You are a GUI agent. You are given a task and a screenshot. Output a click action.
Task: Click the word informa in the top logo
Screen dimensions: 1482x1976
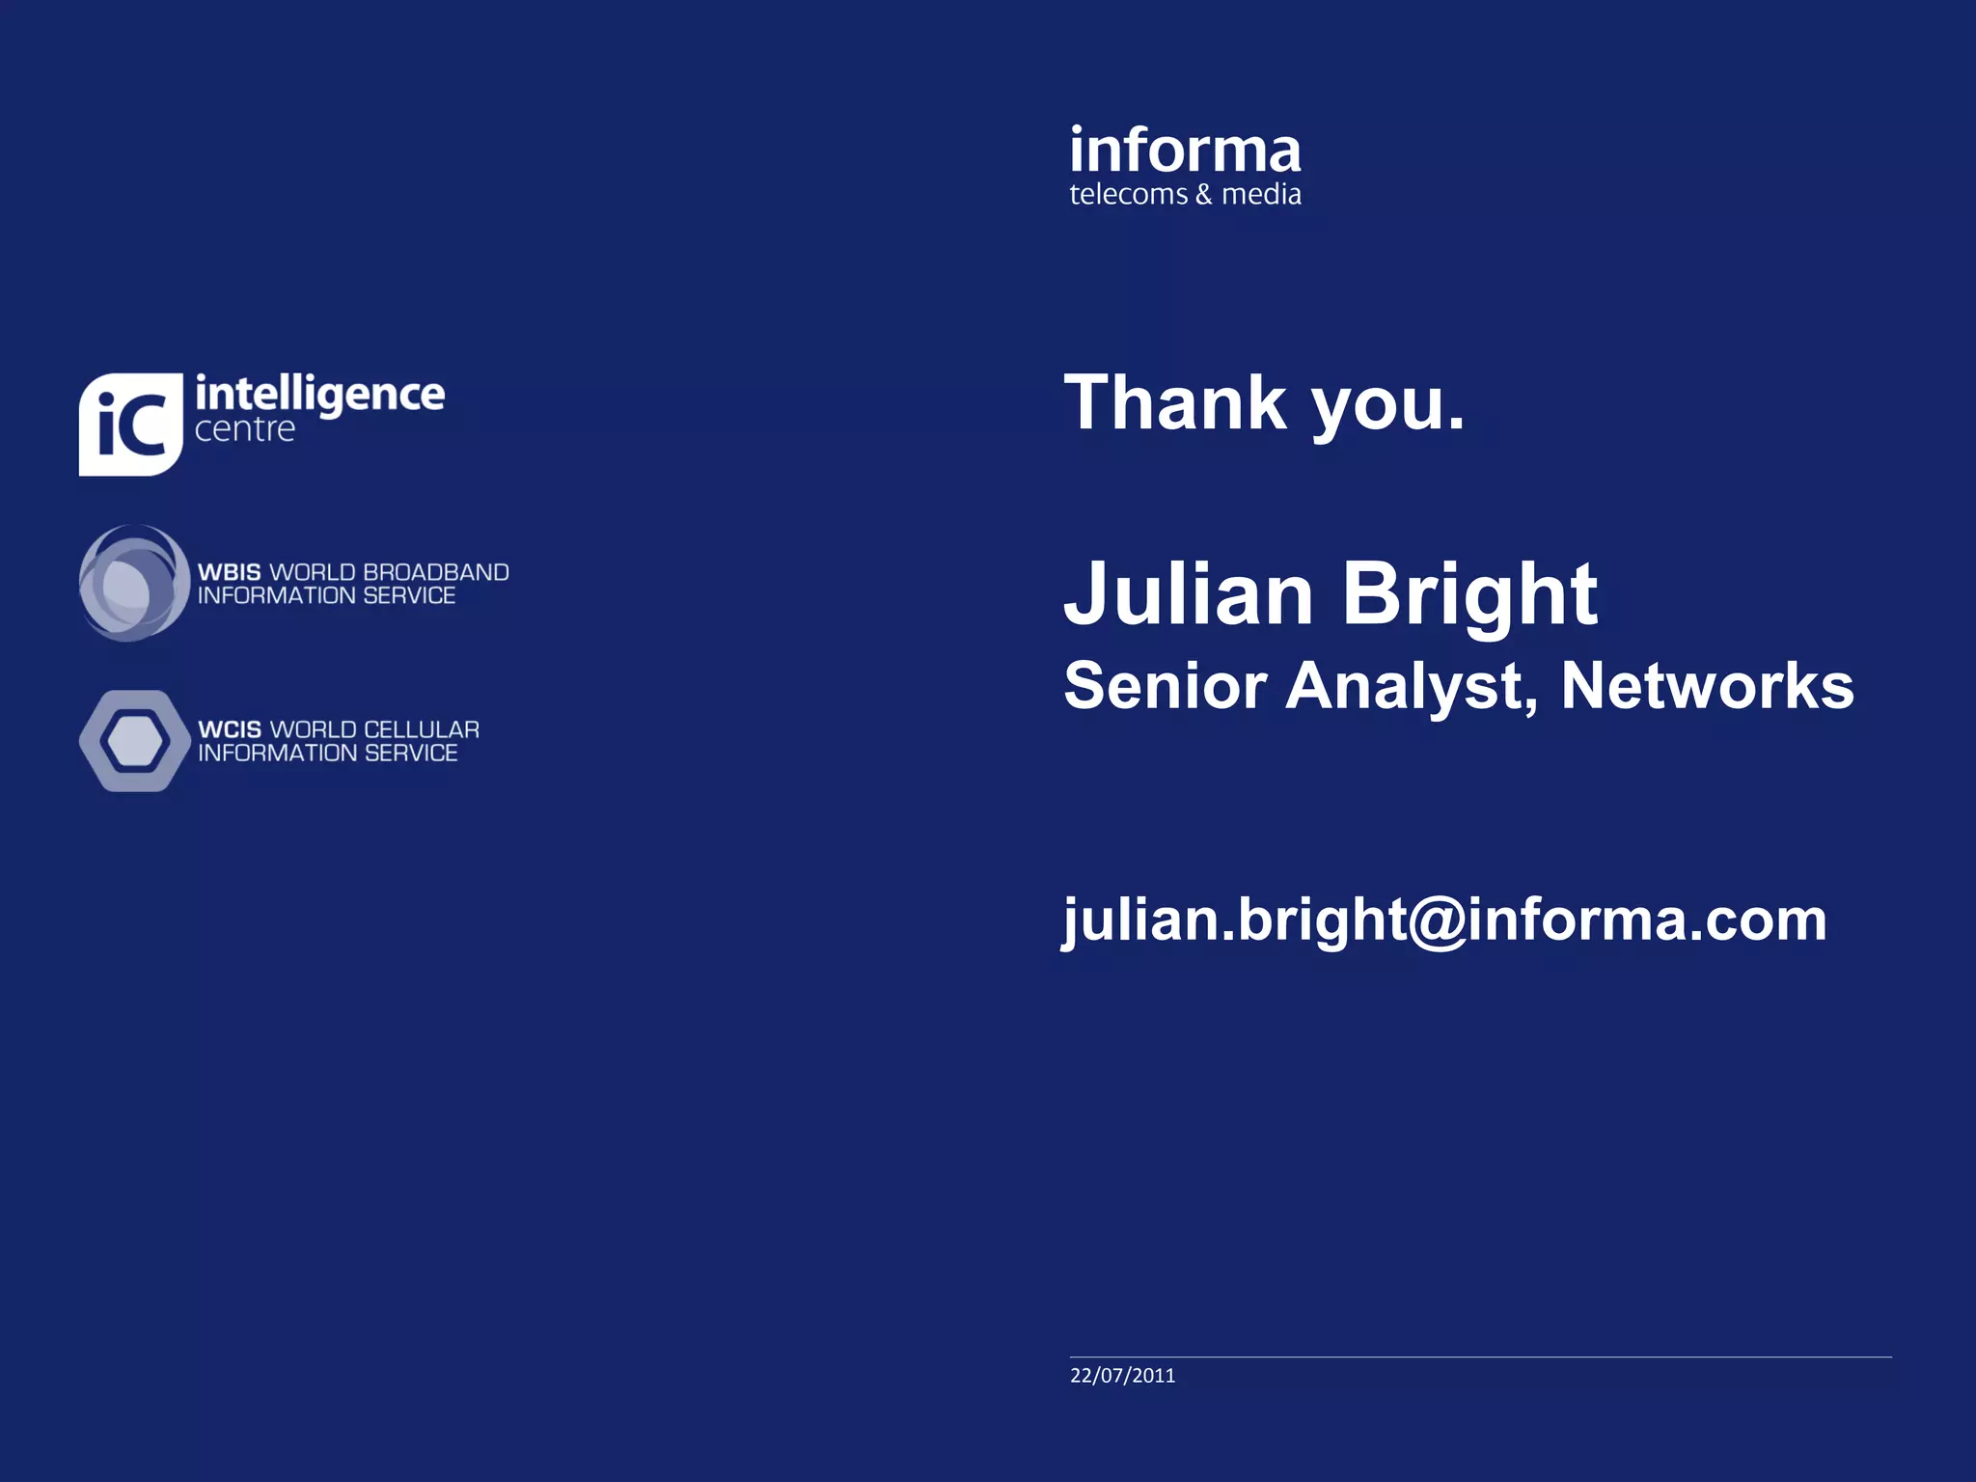(x=1185, y=151)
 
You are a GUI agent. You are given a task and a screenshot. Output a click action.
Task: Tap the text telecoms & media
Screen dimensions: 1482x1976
(x=1185, y=195)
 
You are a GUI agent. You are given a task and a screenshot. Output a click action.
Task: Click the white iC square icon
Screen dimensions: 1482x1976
(x=130, y=425)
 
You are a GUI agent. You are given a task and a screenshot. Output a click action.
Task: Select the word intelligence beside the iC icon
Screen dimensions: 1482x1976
(x=319, y=395)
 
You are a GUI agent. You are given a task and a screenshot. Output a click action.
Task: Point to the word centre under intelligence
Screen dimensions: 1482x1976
(x=245, y=429)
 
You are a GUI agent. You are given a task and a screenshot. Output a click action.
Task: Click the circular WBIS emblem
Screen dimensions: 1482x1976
(x=133, y=583)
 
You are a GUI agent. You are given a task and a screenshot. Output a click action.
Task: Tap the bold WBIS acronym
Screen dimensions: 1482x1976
(x=229, y=572)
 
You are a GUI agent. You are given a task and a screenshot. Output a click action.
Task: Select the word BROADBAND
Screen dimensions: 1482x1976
(x=435, y=572)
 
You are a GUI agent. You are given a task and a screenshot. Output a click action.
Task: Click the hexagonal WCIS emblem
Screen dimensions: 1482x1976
(x=134, y=741)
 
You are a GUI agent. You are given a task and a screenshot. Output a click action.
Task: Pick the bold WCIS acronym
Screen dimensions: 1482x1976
(x=229, y=729)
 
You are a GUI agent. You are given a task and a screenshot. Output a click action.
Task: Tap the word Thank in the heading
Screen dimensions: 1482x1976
(x=1175, y=403)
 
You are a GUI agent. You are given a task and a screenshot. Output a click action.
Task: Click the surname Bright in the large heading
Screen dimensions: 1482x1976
(x=1469, y=595)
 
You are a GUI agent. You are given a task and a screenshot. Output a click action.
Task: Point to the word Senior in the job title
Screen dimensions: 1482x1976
(x=1165, y=686)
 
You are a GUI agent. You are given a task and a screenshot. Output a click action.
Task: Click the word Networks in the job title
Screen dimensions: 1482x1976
(x=1707, y=686)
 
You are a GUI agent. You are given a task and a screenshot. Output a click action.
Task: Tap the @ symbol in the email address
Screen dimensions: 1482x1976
(x=1438, y=920)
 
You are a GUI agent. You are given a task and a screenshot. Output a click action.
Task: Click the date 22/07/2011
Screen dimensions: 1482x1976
(x=1122, y=1376)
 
